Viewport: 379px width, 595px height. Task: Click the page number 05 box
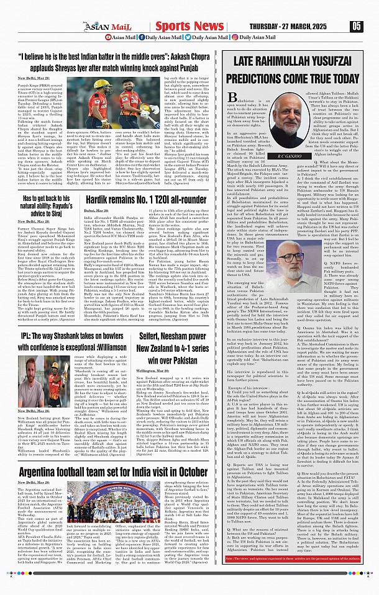point(356,25)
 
